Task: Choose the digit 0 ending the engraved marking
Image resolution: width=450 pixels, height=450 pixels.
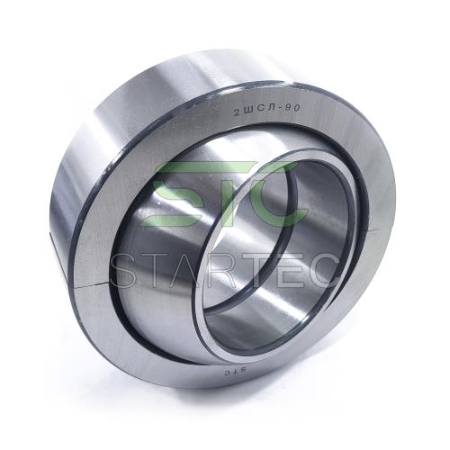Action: pos(296,108)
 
